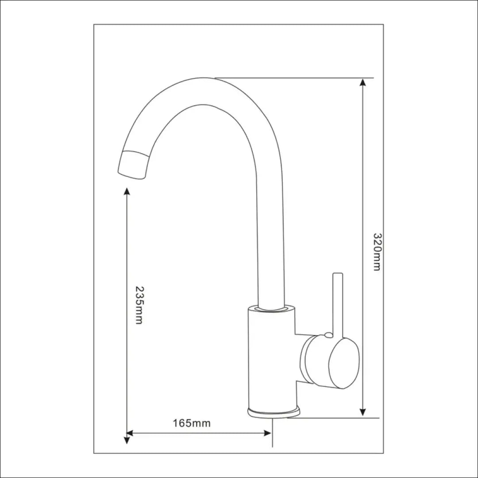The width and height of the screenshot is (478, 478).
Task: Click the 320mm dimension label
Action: [378, 252]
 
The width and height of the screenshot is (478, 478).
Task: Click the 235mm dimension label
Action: [139, 305]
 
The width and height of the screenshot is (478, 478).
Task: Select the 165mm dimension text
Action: [192, 423]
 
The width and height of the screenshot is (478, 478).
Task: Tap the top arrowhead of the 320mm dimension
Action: [362, 82]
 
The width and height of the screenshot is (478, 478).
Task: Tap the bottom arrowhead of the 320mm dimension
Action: [362, 412]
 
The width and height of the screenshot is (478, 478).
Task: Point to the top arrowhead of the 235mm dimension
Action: [127, 192]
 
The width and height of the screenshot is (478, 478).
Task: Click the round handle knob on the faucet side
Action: [344, 363]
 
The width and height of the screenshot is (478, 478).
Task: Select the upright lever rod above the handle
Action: [338, 303]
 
